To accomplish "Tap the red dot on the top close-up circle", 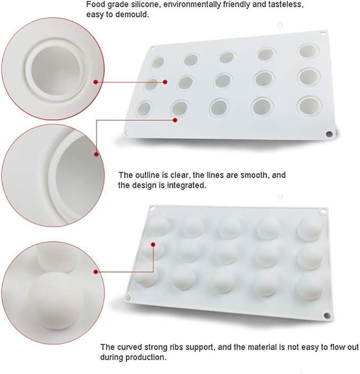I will point(96,82).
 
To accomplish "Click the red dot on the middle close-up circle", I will point(96,154).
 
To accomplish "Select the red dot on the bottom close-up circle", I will point(96,271).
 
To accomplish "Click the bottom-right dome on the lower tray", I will point(310,286).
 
